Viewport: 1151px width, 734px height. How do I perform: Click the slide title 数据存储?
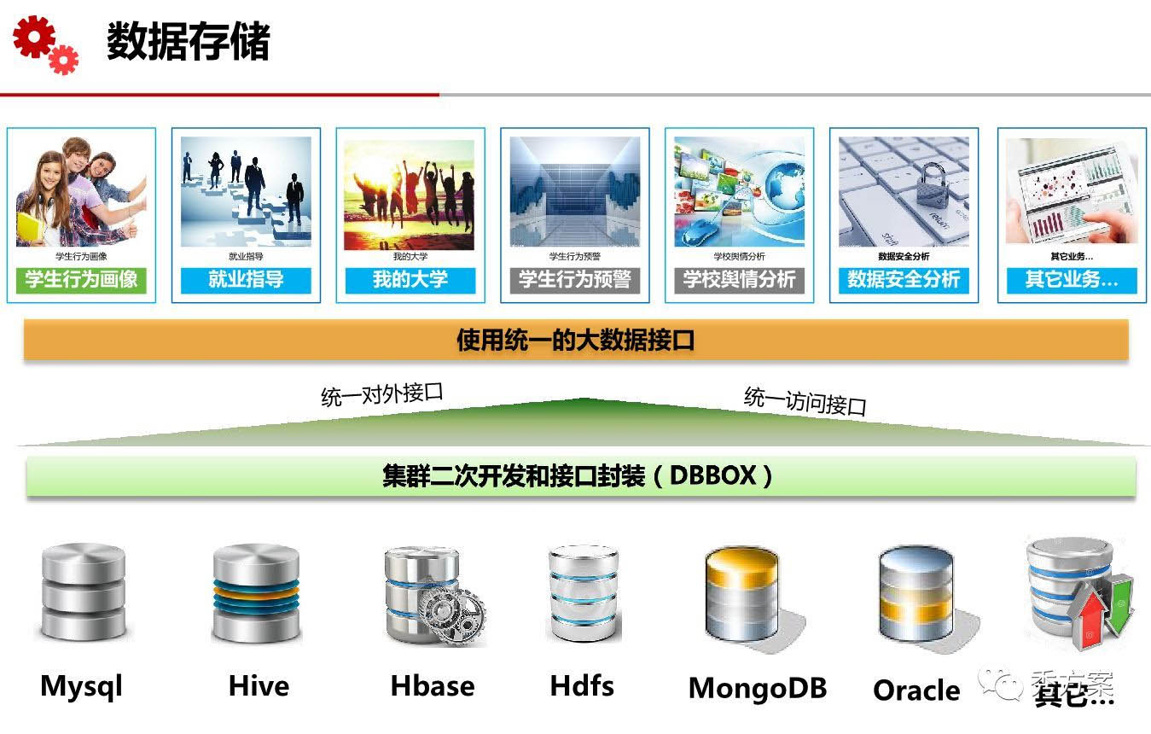[188, 42]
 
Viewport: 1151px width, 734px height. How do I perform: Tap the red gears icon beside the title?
[45, 44]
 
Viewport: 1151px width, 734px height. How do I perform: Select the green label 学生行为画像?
[81, 280]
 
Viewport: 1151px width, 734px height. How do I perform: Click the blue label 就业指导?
[246, 280]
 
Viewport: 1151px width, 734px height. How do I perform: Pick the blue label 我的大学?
[410, 280]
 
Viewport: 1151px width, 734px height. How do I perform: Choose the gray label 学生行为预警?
[575, 280]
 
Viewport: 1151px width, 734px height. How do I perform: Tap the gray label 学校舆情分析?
[739, 280]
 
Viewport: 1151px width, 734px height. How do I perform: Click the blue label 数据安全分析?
[904, 280]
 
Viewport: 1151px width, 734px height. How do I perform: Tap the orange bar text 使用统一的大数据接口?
[576, 341]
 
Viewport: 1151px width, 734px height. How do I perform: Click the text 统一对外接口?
[382, 394]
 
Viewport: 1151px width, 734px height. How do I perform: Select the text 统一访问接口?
[805, 400]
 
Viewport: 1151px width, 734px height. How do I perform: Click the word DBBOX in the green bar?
[712, 475]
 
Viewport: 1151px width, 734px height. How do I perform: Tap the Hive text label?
[259, 685]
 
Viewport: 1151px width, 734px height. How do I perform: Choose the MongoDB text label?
[758, 688]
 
